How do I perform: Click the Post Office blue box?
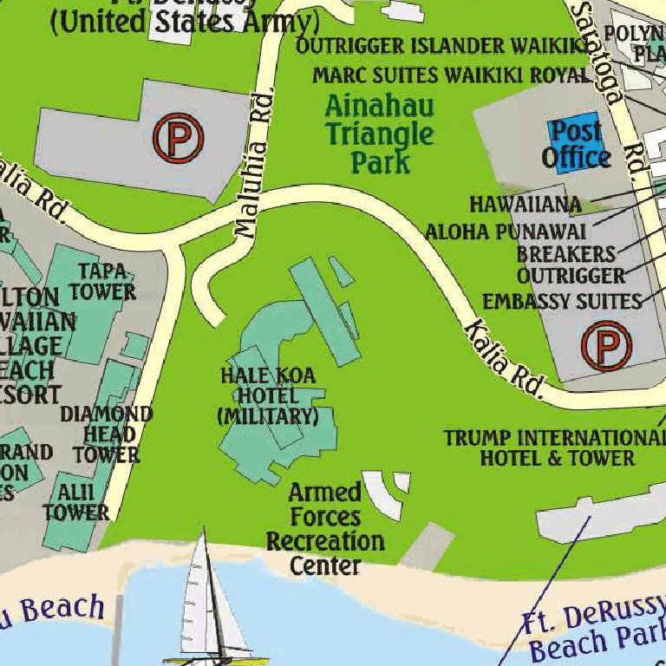point(576,144)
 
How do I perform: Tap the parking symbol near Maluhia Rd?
point(178,137)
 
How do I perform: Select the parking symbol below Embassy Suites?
point(607,346)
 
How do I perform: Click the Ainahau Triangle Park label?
point(379,134)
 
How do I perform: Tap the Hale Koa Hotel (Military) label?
point(267,395)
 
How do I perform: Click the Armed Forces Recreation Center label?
point(325,529)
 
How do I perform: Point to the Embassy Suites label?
point(561,301)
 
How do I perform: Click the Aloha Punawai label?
point(505,232)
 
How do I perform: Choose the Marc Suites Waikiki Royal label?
point(450,75)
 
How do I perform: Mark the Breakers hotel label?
point(565,254)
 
